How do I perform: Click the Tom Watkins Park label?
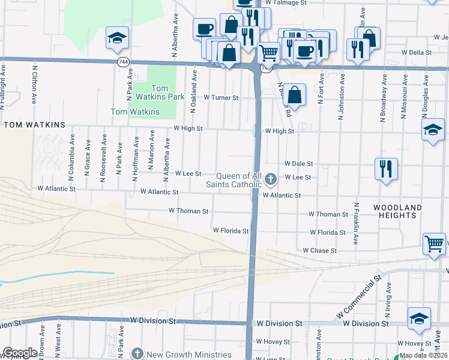tap(160, 92)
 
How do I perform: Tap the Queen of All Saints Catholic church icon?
tap(271, 178)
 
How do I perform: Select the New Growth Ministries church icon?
tap(138, 353)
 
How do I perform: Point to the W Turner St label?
tap(221, 97)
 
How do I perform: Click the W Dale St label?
tap(298, 163)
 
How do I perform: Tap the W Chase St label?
tap(320, 250)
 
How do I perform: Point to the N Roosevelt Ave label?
tap(103, 158)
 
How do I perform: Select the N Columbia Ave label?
tap(71, 158)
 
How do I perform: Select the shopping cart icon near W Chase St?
tap(434, 244)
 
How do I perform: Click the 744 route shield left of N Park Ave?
tap(123, 62)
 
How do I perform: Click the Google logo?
tap(20, 353)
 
